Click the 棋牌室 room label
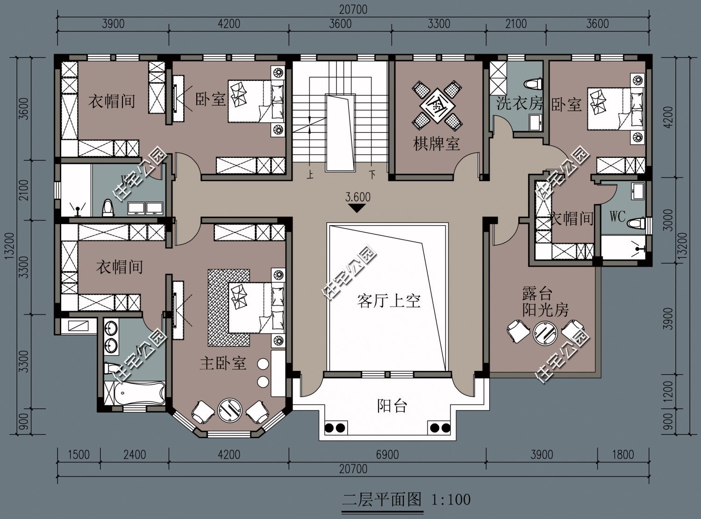tap(436, 144)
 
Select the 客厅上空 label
tap(389, 301)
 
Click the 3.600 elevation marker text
tap(358, 197)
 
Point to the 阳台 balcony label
tap(392, 406)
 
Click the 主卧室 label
tap(223, 363)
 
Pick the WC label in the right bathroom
tap(617, 217)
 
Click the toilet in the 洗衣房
tap(534, 84)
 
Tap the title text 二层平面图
tap(382, 500)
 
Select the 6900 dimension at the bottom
tap(387, 455)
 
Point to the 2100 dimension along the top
tap(515, 23)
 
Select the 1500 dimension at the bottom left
tap(78, 455)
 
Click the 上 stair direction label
tap(309, 176)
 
